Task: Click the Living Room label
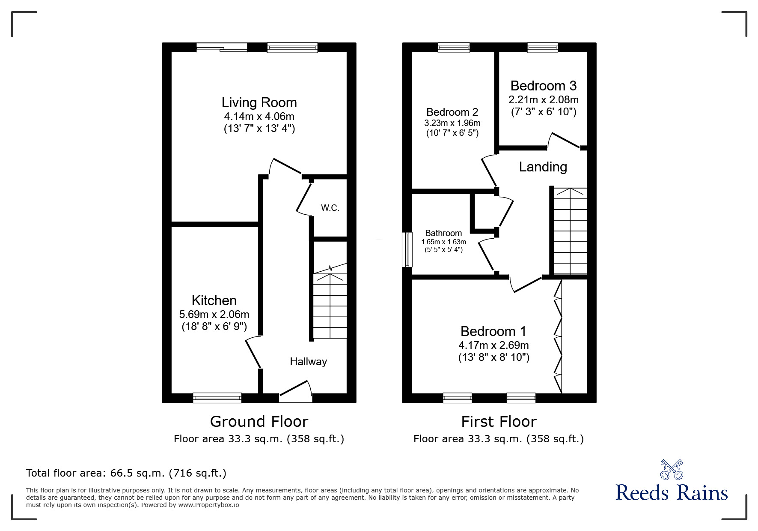pyautogui.click(x=259, y=102)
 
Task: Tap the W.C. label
pyautogui.click(x=330, y=208)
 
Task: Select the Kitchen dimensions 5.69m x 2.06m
pyautogui.click(x=214, y=314)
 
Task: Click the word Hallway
pyautogui.click(x=308, y=362)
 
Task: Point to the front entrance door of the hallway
pyautogui.click(x=296, y=392)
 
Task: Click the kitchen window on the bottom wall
pyautogui.click(x=217, y=398)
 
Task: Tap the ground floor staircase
pyautogui.click(x=330, y=306)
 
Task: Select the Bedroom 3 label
pyautogui.click(x=543, y=86)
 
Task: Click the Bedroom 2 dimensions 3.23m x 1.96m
pyautogui.click(x=452, y=123)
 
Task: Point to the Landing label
pyautogui.click(x=543, y=167)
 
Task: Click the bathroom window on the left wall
pyautogui.click(x=407, y=250)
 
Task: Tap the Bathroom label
pyautogui.click(x=443, y=233)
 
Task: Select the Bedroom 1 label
pyautogui.click(x=493, y=331)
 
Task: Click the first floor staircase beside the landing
pyautogui.click(x=570, y=231)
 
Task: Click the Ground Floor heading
pyautogui.click(x=259, y=422)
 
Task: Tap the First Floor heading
pyautogui.click(x=499, y=422)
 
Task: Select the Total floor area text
pyautogui.click(x=126, y=473)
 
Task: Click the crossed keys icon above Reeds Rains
pyautogui.click(x=672, y=470)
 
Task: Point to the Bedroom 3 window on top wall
pyautogui.click(x=542, y=48)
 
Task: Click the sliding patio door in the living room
pyautogui.click(x=222, y=48)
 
